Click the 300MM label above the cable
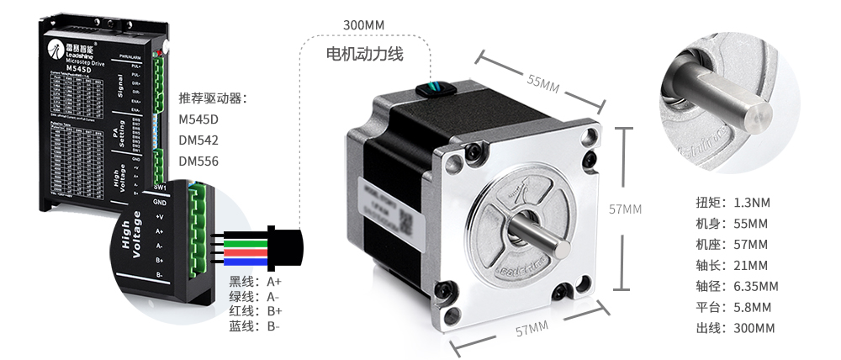pos(363,24)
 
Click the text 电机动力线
pos(365,55)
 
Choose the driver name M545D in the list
pos(198,119)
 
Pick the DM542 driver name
pos(198,140)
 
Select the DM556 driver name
pos(198,161)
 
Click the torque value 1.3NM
pos(752,203)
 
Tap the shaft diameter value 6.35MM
pos(756,286)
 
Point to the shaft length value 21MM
pos(750,265)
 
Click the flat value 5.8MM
pos(752,307)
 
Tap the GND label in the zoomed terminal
pos(160,203)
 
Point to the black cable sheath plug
pos(286,245)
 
